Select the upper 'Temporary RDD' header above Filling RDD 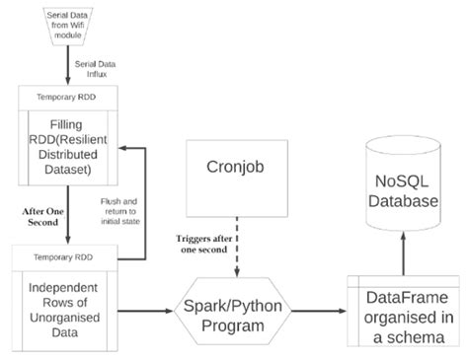coord(67,95)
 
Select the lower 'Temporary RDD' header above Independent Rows coord(67,254)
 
